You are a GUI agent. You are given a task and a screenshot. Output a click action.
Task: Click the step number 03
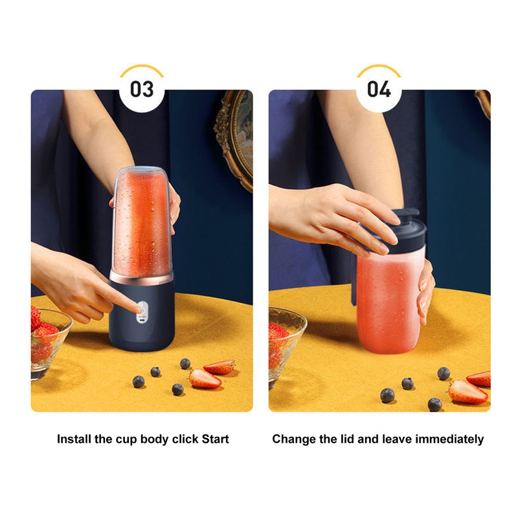click(x=141, y=89)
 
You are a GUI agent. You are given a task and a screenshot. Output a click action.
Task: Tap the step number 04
click(x=379, y=89)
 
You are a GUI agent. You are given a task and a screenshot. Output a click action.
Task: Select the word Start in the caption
click(x=215, y=439)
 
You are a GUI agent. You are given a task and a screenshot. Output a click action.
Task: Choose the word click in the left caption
click(x=185, y=439)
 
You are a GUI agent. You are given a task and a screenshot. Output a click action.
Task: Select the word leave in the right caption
click(x=396, y=439)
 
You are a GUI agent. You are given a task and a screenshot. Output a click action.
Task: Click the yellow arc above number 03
click(x=141, y=68)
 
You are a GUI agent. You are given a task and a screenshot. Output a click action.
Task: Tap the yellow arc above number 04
click(x=379, y=68)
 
